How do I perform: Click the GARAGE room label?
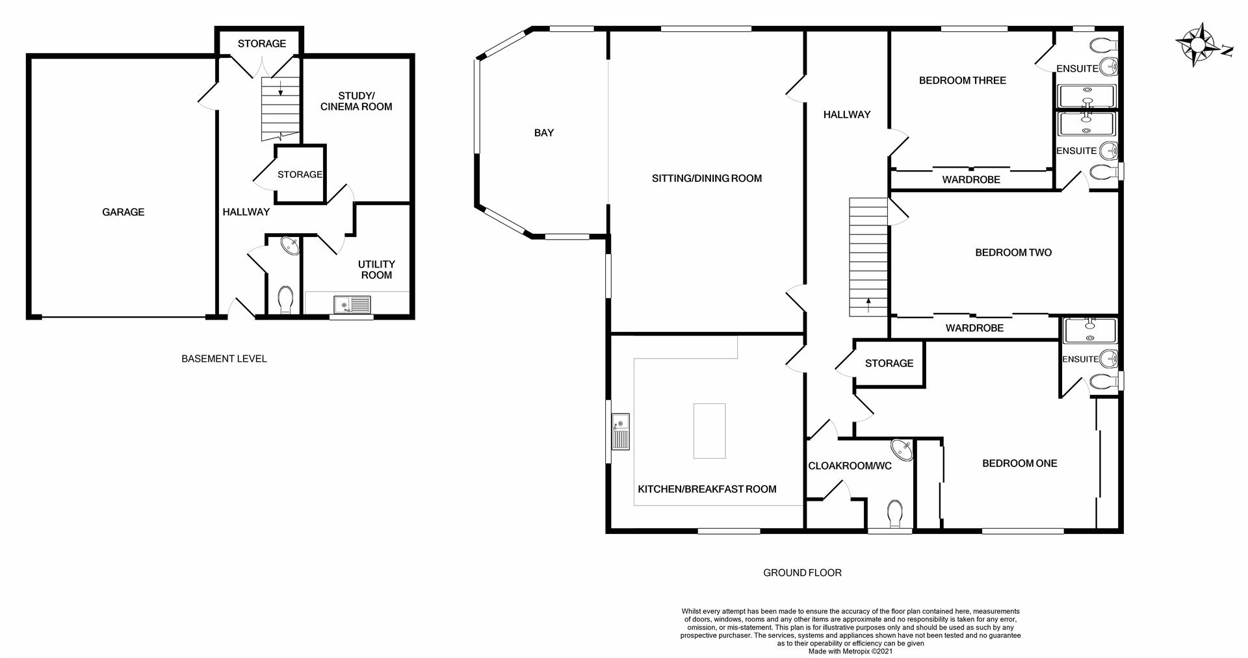point(123,212)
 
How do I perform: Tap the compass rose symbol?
point(1197,45)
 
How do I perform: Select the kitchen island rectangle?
point(709,431)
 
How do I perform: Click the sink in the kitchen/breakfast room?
point(621,431)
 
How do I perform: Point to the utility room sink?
point(352,304)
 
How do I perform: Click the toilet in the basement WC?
point(285,300)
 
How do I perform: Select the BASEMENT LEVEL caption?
point(224,359)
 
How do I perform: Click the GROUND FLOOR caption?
point(802,573)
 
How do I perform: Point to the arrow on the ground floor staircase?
point(868,303)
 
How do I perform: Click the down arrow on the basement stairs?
point(280,88)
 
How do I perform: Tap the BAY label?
point(544,133)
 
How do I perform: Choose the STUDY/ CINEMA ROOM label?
point(356,101)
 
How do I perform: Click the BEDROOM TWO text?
point(1013,253)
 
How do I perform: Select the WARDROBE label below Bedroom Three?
point(971,179)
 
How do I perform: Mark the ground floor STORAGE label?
point(889,363)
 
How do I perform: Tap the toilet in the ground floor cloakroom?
point(895,513)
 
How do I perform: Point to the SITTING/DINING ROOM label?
point(707,178)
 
